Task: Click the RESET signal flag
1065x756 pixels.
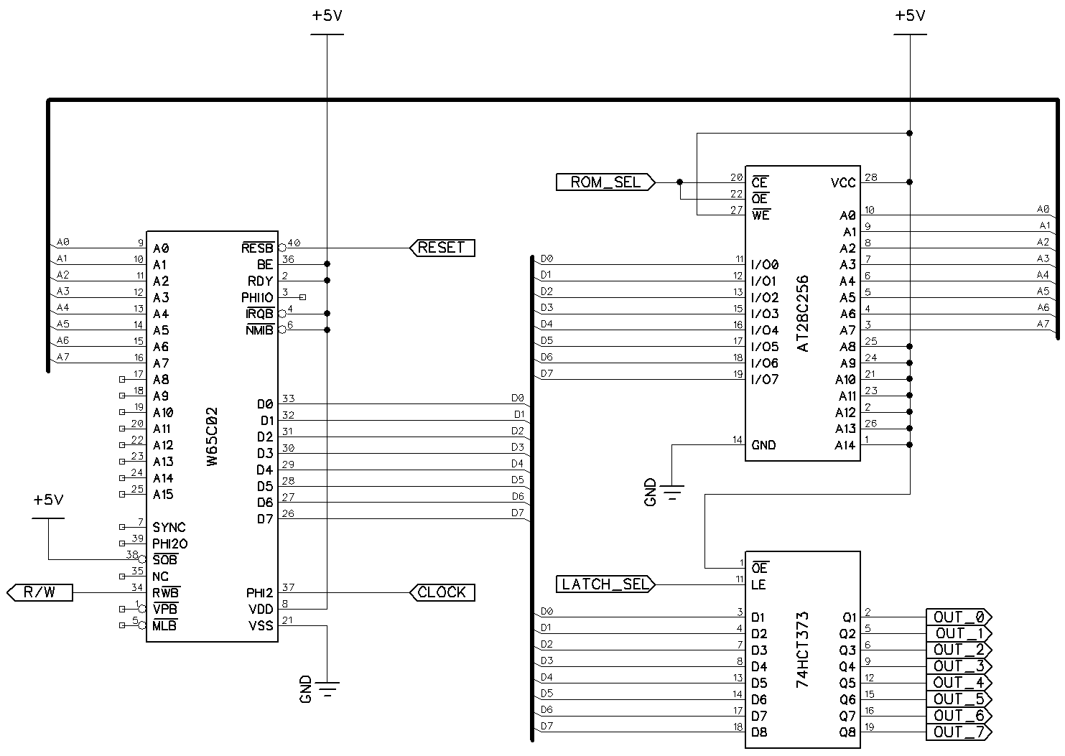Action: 442,248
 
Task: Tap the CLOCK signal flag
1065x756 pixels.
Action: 442,592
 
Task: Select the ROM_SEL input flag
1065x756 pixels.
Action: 605,182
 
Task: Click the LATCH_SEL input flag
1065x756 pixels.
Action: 605,584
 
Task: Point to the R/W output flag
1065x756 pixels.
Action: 40,592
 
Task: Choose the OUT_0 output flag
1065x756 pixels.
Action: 959,617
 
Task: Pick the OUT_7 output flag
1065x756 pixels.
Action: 959,732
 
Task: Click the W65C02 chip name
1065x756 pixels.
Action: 212,437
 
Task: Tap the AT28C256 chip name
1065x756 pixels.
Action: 803,313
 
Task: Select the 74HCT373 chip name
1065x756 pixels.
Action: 803,650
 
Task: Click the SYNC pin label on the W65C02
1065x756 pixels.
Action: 169,528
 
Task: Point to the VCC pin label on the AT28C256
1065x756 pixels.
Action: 843,183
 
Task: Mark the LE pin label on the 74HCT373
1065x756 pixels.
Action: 758,585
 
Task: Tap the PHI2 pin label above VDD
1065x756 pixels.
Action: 259,593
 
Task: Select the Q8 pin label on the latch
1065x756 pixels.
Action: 847,733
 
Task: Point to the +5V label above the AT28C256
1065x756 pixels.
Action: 910,16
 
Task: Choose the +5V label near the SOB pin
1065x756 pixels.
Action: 48,500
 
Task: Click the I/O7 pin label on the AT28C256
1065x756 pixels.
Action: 764,380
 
